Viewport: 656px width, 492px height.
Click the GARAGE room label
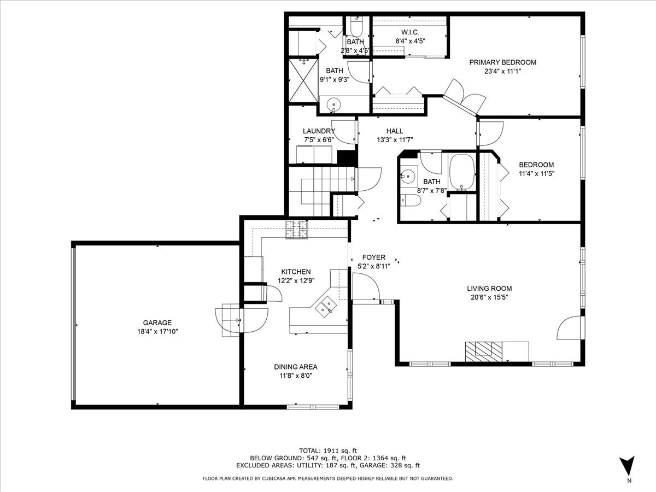[157, 323]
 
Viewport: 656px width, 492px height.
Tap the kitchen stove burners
[296, 230]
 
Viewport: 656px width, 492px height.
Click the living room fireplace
[484, 349]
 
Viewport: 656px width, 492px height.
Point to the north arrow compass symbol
[629, 467]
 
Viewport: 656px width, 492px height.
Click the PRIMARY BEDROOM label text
[502, 62]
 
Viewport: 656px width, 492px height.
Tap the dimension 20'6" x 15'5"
[489, 297]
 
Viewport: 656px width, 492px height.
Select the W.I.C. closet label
[410, 32]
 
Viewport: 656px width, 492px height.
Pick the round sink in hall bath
[407, 177]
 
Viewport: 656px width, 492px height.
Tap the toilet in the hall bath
[410, 201]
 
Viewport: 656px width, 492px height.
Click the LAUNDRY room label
[319, 131]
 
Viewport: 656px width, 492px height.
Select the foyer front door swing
[364, 286]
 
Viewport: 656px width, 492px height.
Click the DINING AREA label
[296, 367]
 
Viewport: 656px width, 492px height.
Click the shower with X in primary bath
[303, 81]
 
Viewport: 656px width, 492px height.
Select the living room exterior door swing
[569, 328]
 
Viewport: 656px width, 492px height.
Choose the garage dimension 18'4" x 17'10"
[157, 331]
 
